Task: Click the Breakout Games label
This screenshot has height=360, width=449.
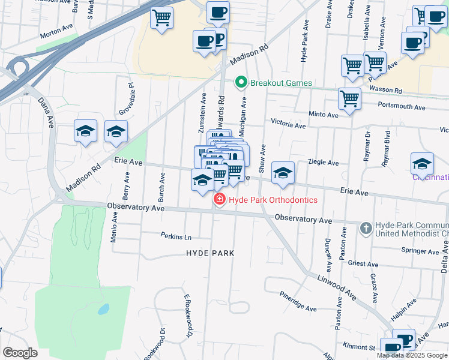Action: [x=281, y=83]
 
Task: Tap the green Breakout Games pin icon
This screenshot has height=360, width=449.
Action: [x=241, y=82]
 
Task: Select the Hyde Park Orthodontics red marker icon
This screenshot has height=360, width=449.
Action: [x=219, y=200]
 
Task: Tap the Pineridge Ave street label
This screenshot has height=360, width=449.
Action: [x=298, y=301]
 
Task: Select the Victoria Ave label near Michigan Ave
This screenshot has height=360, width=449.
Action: [x=288, y=125]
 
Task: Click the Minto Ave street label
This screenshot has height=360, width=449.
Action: [x=324, y=114]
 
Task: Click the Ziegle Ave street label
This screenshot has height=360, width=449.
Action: [x=323, y=163]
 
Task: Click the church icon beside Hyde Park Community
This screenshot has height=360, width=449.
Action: [x=366, y=228]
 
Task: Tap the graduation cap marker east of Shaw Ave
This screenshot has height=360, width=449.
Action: [x=283, y=173]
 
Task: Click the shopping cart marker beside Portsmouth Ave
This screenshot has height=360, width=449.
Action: [x=349, y=99]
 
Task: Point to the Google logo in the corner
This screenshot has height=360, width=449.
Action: [x=20, y=353]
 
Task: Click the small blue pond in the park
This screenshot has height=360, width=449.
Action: [x=103, y=310]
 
